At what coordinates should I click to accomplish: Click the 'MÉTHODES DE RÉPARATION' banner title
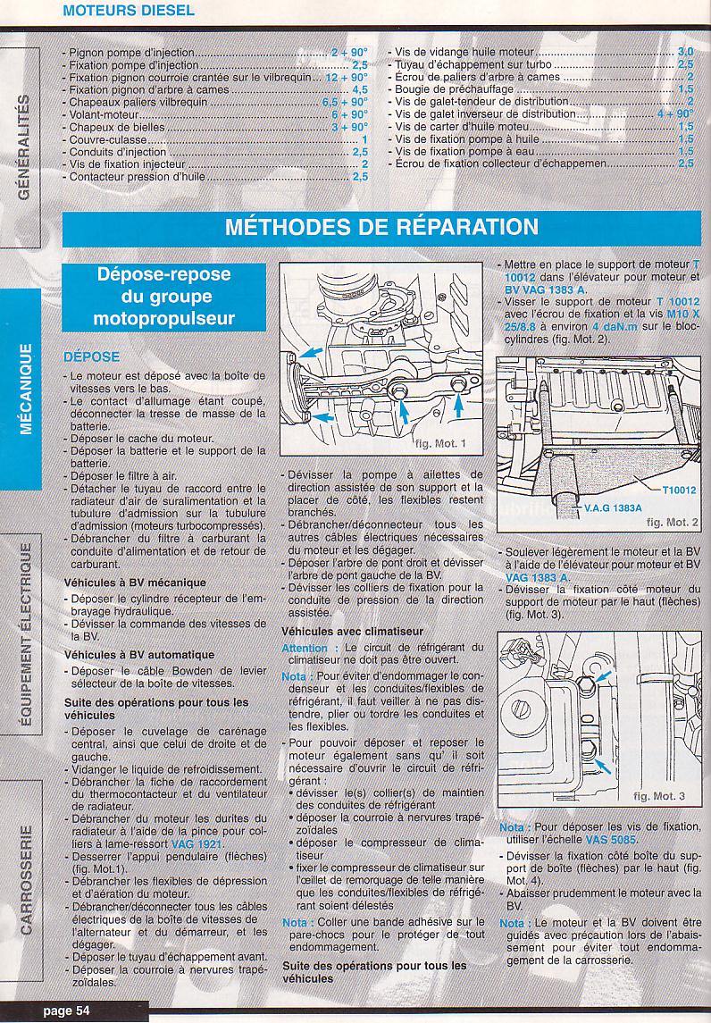381,227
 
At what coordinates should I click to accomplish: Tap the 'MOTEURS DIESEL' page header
129,11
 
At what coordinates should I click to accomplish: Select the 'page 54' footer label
66,1010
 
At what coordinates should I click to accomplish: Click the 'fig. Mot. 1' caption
441,444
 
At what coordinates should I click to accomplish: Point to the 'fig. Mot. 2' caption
672,522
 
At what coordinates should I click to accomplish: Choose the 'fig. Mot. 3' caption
659,796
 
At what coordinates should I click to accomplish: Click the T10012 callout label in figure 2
679,490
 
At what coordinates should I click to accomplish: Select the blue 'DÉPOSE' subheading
92,356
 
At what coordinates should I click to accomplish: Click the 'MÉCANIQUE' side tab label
25,389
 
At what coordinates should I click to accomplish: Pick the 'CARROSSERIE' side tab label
25,879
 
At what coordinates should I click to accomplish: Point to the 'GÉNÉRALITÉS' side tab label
25,147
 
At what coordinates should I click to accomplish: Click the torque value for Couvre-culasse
364,139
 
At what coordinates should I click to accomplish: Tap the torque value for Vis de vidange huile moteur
686,52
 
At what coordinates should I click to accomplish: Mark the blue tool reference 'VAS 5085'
611,840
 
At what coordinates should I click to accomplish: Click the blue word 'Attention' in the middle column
305,648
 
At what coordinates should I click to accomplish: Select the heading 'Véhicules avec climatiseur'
352,632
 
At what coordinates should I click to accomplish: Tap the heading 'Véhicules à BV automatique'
139,654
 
